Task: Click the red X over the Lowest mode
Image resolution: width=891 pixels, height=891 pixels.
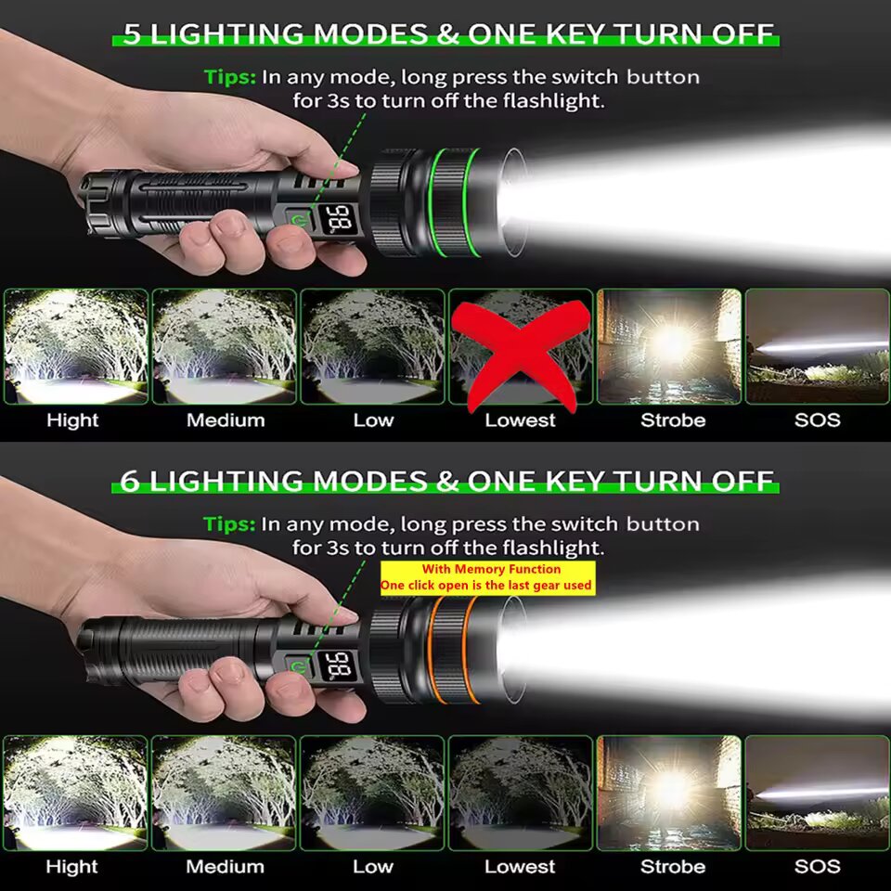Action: [521, 353]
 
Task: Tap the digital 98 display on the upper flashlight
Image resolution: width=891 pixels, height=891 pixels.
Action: [338, 219]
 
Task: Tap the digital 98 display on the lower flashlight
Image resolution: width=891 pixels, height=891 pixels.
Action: [338, 665]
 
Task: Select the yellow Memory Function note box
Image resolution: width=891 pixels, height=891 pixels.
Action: [487, 578]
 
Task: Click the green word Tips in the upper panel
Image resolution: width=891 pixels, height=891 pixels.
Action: [229, 77]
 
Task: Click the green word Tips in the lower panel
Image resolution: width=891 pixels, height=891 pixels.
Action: [229, 523]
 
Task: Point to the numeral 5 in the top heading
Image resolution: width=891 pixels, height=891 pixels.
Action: [131, 34]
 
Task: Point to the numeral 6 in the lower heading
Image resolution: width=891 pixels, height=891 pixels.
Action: [130, 482]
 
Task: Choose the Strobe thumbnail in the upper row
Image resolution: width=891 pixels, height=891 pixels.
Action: [669, 346]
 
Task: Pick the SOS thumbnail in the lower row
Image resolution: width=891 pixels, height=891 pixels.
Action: [817, 794]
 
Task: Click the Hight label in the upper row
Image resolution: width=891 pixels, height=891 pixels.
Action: [72, 420]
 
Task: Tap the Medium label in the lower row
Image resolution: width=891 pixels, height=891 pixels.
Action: [225, 867]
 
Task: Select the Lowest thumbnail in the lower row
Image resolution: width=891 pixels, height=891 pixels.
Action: [521, 794]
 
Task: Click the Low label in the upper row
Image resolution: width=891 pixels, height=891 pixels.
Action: [373, 420]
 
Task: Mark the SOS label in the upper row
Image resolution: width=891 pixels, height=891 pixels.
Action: [817, 420]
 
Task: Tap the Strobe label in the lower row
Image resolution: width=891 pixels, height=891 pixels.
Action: [673, 867]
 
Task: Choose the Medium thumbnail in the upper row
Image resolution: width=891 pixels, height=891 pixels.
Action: [225, 346]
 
